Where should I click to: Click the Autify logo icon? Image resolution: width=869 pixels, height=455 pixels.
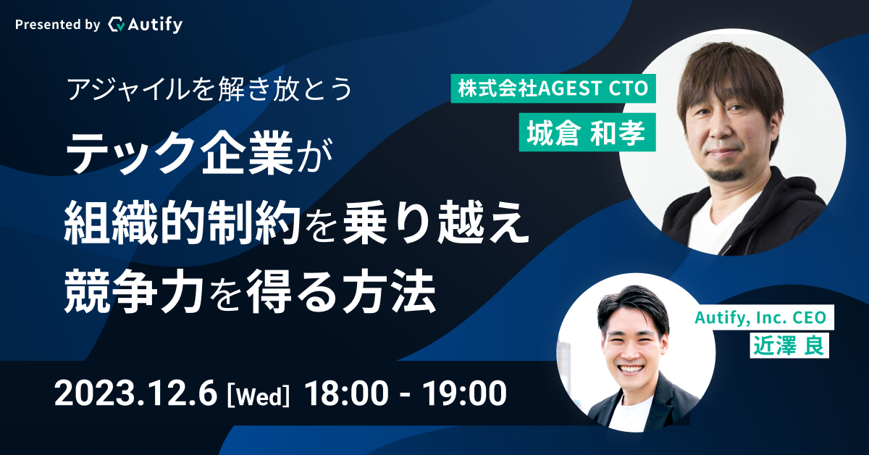point(117,25)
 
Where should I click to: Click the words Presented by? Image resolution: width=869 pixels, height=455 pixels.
point(57,25)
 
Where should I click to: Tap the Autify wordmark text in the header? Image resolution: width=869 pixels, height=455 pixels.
point(155,25)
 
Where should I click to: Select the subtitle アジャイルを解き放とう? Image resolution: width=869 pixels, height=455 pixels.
point(210,89)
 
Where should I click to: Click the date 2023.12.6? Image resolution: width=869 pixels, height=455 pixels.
point(135,393)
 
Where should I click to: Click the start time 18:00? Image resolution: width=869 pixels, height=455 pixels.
point(346,393)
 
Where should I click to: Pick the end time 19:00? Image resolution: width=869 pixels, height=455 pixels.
point(464,393)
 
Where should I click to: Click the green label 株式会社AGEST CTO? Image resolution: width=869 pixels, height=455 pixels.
point(553,88)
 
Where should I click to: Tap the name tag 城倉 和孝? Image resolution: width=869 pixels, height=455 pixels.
point(587,133)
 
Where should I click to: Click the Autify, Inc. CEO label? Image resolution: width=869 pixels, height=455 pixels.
point(760,317)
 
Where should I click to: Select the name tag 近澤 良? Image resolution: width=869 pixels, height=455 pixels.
point(789,345)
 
